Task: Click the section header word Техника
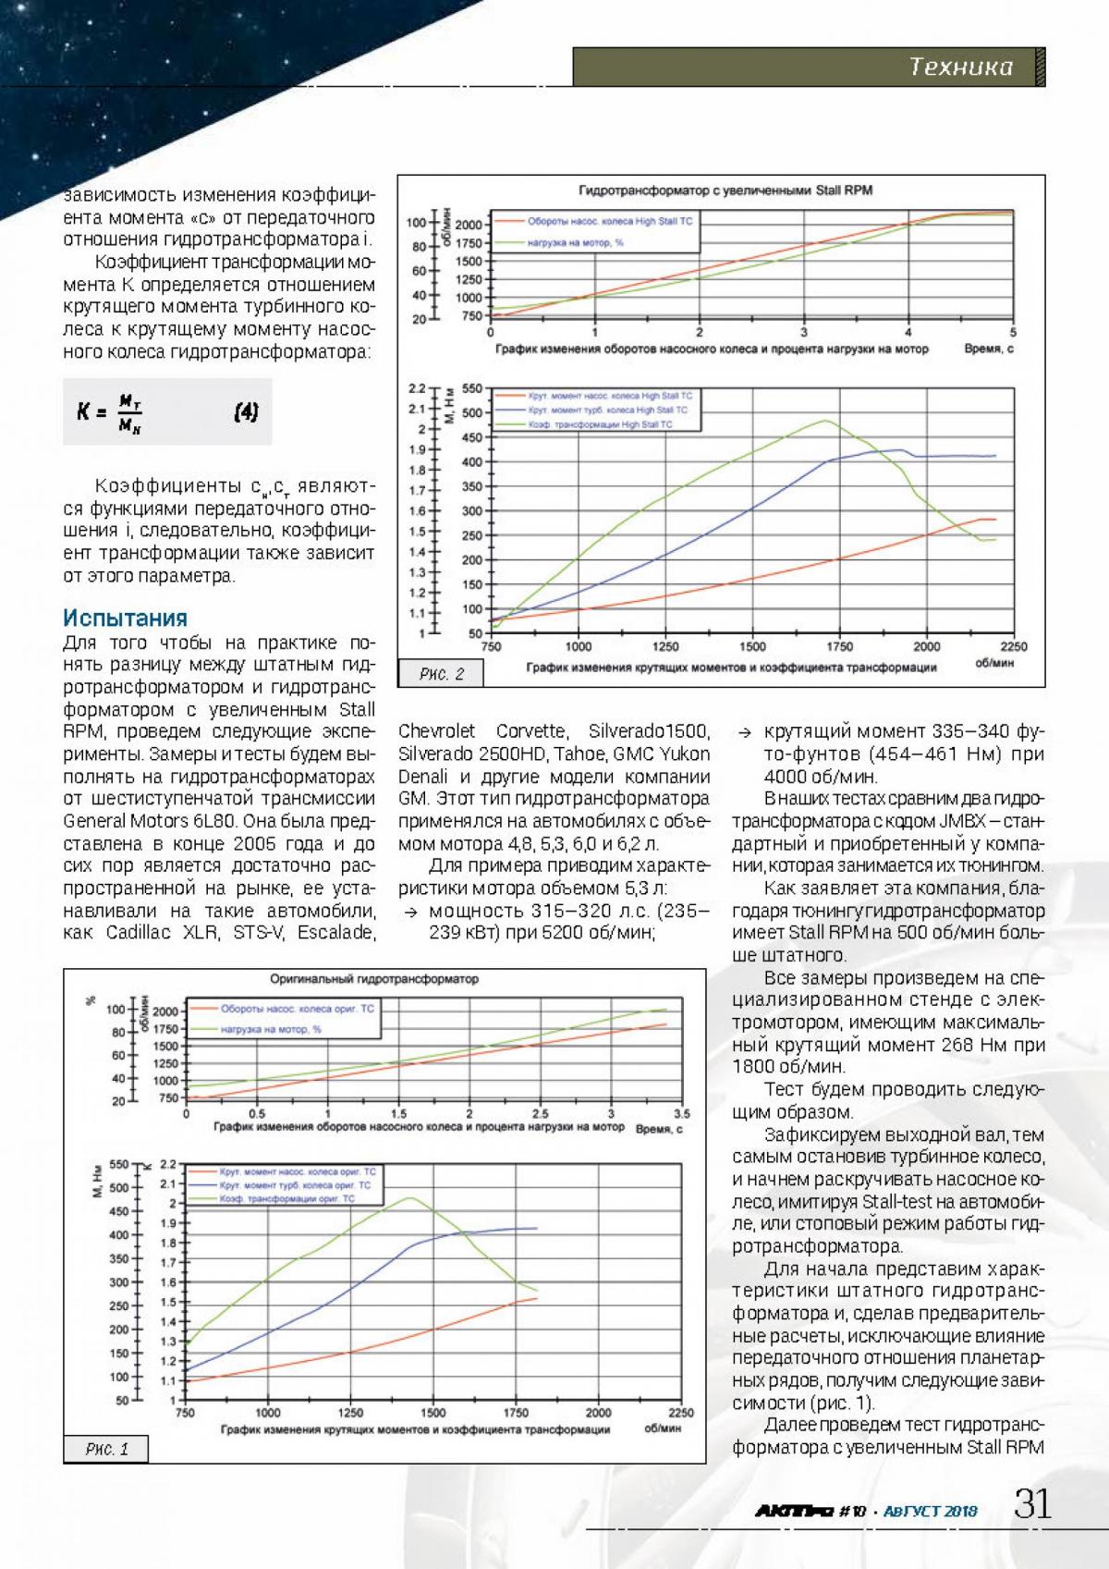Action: click(960, 67)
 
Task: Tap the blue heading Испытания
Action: click(125, 618)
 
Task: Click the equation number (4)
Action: click(246, 412)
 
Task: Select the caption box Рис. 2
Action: click(442, 674)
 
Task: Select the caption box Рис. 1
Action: click(107, 1475)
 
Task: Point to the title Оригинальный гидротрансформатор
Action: click(374, 979)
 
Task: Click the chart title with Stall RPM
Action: click(725, 190)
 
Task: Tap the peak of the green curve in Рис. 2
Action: click(825, 421)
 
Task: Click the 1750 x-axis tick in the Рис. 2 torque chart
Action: click(839, 647)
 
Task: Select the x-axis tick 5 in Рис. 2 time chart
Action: click(1013, 333)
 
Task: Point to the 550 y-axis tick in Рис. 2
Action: click(472, 389)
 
